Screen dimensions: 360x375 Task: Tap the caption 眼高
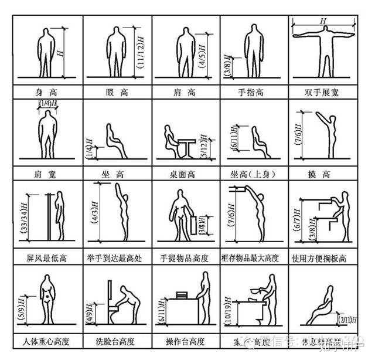(x=117, y=92)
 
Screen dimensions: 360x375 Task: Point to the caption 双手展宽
(x=322, y=92)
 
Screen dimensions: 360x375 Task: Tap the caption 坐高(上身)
(x=254, y=174)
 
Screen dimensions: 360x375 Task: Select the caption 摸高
(x=322, y=174)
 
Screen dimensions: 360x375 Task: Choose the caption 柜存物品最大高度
(x=254, y=257)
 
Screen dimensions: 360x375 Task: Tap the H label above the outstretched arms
(x=323, y=21)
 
